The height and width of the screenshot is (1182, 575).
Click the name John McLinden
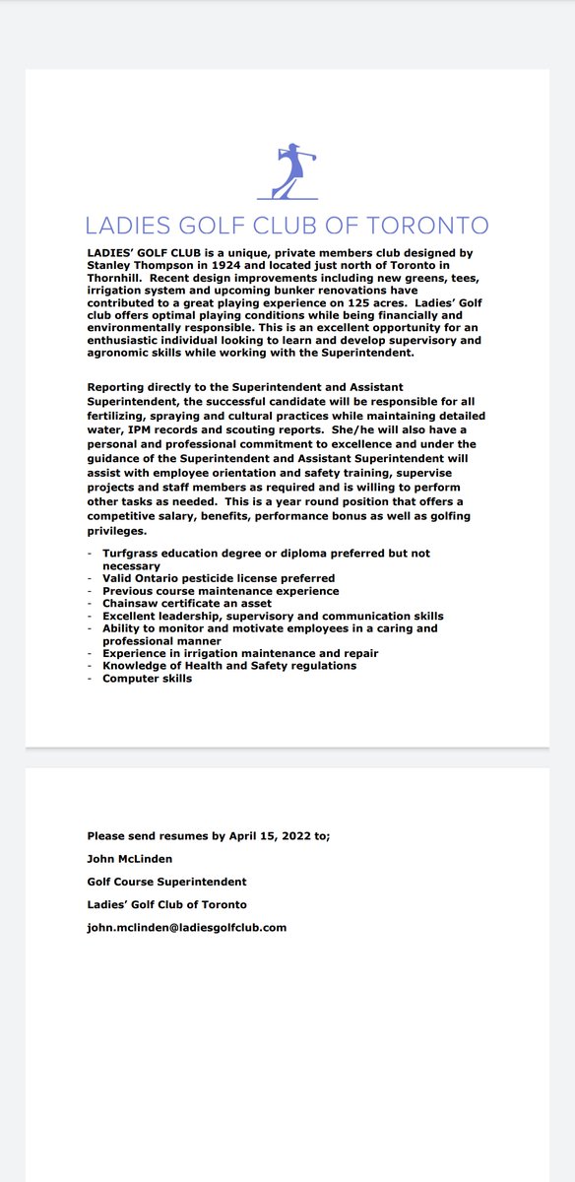(130, 858)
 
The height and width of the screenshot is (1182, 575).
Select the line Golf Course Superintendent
(166, 881)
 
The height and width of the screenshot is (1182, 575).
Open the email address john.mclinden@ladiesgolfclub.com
(186, 927)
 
